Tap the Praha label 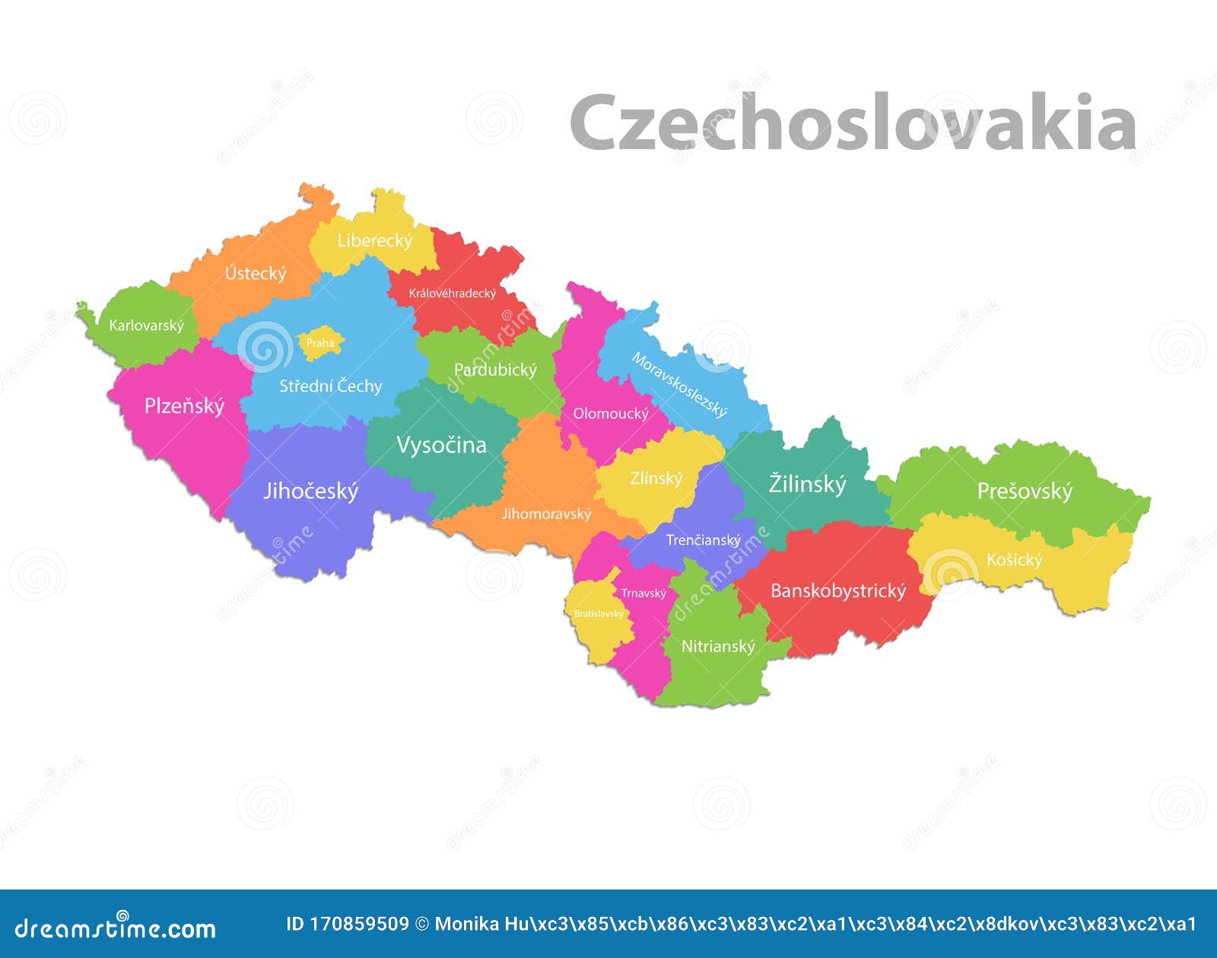click(x=320, y=343)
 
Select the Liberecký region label click(x=375, y=240)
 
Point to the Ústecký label click(x=256, y=273)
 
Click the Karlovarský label click(x=146, y=326)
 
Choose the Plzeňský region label click(x=184, y=406)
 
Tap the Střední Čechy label click(x=330, y=386)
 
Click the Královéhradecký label click(x=453, y=293)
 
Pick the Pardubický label click(x=495, y=370)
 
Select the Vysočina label click(x=441, y=445)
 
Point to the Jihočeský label click(x=310, y=492)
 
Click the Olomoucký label click(x=611, y=413)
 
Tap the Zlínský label click(x=656, y=479)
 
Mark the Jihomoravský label click(x=546, y=514)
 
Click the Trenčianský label click(x=703, y=540)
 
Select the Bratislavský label click(x=599, y=613)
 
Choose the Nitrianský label click(x=718, y=647)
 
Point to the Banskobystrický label click(x=838, y=591)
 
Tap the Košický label click(x=1014, y=560)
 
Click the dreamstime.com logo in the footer click(x=116, y=928)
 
